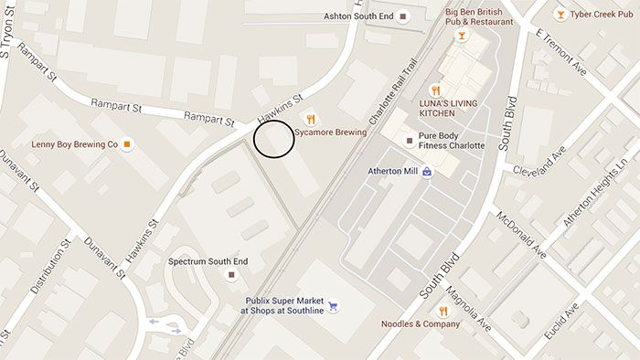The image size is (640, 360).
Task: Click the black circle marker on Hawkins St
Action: click(273, 139)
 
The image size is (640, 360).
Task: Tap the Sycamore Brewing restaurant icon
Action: click(311, 118)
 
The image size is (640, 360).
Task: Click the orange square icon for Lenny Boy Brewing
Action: click(127, 144)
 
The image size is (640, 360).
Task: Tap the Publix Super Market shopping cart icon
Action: click(333, 305)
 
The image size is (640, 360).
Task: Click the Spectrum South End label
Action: click(208, 261)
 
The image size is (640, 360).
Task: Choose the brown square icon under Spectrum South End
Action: click(232, 274)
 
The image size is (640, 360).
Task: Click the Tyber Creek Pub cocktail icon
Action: click(560, 15)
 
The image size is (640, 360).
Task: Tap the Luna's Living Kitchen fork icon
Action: click(436, 90)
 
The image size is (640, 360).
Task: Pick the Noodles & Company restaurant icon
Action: click(443, 312)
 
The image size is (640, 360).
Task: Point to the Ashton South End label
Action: click(357, 16)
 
